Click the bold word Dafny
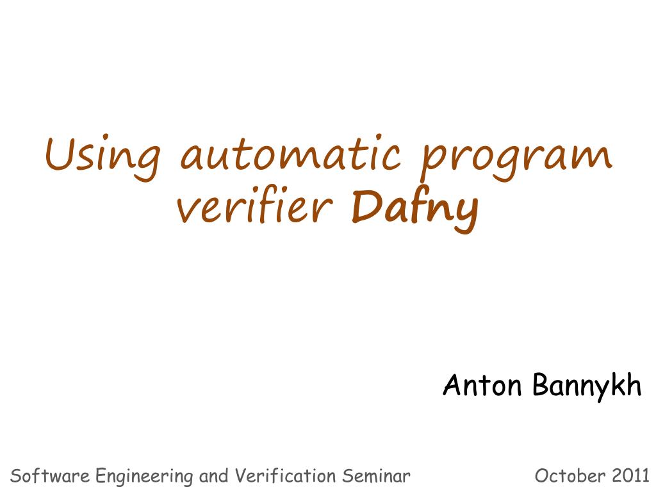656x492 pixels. point(414,210)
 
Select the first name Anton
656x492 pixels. point(482,384)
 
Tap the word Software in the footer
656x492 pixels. point(50,476)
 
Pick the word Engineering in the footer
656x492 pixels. point(145,477)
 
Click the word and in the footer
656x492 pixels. point(214,476)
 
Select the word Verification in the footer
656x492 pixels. point(285,476)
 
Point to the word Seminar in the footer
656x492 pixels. point(376,476)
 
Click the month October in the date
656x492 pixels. point(570,476)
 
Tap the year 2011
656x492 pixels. point(630,476)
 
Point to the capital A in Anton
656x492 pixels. point(453,384)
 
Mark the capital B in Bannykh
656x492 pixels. point(541,384)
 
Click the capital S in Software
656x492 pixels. point(16,476)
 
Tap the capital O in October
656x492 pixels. point(542,476)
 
